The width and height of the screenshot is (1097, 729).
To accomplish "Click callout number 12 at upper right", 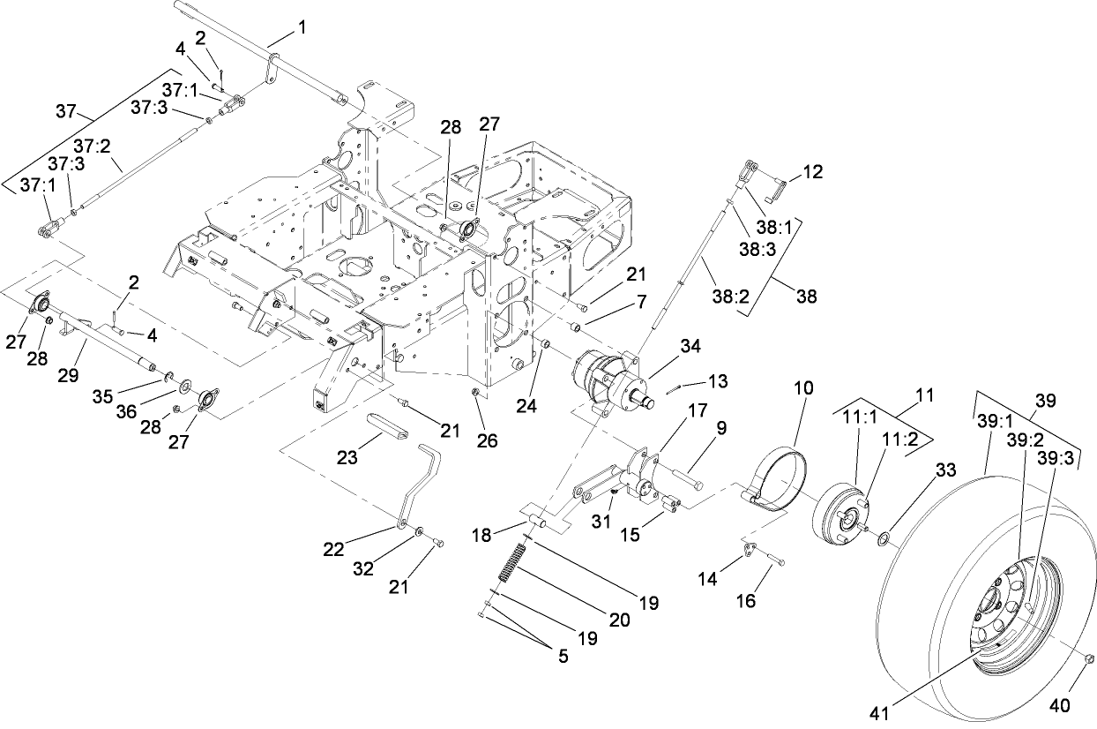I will coord(812,172).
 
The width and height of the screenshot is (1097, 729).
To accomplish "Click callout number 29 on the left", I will coord(69,375).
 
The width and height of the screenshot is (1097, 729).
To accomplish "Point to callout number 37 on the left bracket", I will coord(66,111).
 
